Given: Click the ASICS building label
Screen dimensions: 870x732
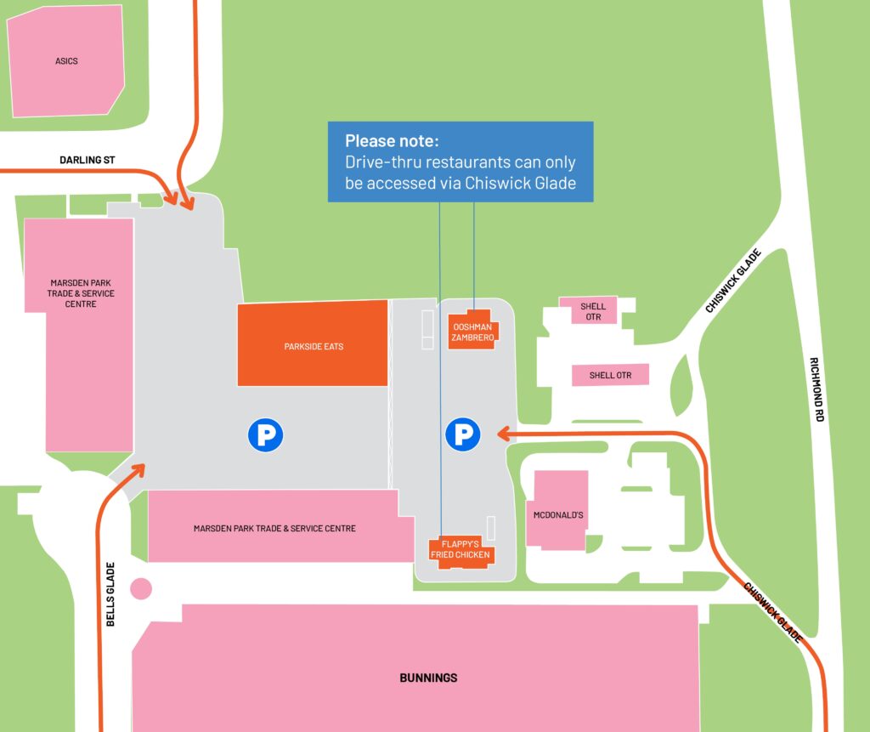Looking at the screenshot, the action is (66, 61).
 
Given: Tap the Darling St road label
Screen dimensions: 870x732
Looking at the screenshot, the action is (88, 160).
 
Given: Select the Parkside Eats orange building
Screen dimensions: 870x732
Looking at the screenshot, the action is (313, 343).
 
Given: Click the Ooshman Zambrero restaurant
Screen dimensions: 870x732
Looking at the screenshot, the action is (472, 330).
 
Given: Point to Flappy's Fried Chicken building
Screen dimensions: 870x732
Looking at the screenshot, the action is (461, 552).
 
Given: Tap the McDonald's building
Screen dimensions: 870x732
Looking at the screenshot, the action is (557, 510).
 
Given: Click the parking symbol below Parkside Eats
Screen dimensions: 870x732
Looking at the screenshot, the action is (266, 435).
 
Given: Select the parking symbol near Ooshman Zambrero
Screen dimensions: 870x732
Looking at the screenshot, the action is (463, 434).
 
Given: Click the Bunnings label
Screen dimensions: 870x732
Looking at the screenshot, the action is (428, 678).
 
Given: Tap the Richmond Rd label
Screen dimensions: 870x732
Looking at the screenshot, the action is (816, 389).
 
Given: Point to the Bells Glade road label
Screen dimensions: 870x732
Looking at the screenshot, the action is (110, 594).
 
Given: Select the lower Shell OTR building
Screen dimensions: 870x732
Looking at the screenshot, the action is (610, 375).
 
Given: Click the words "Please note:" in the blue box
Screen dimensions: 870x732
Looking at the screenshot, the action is (392, 140).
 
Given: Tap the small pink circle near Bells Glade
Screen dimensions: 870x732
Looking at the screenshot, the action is (141, 588).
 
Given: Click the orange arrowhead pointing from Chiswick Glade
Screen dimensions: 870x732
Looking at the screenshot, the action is (505, 434).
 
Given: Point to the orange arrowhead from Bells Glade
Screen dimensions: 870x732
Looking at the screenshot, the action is (138, 470).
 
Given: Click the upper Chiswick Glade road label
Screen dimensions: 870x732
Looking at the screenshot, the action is (732, 281).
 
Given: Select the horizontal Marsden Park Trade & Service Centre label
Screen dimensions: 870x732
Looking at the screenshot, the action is (274, 528).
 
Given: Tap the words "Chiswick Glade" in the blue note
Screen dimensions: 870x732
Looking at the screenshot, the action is (521, 183).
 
